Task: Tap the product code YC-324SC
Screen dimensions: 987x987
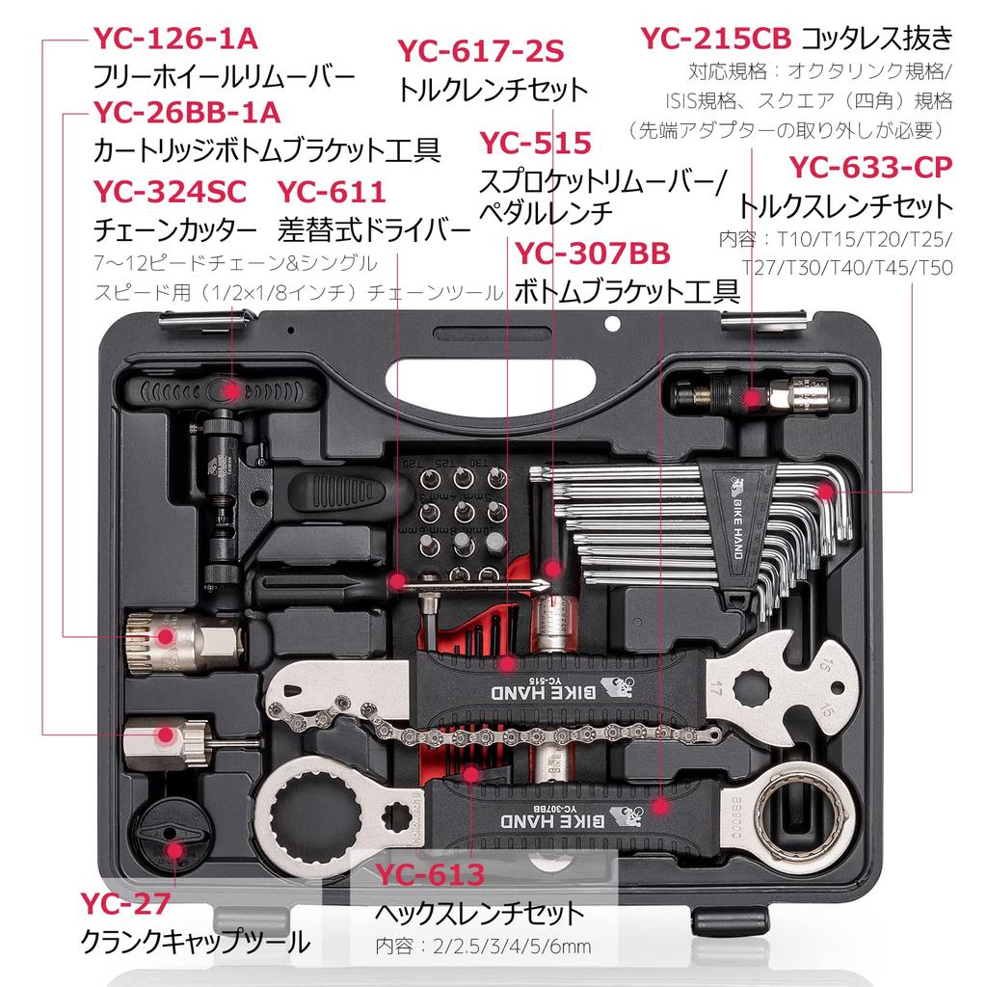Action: [x=170, y=191]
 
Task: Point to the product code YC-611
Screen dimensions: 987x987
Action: [x=332, y=191]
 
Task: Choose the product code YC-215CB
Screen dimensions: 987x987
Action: [x=716, y=39]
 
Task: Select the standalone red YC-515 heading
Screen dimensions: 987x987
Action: [x=535, y=144]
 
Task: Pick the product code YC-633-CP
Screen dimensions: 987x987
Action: [x=870, y=167]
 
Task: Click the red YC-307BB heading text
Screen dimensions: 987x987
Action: [x=593, y=253]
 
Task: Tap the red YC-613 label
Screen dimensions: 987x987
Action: [x=430, y=874]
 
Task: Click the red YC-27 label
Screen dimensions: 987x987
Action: [x=125, y=903]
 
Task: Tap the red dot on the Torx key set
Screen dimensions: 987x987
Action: [x=826, y=493]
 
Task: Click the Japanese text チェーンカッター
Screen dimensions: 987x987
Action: [x=175, y=231]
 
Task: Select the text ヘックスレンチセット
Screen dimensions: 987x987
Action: [x=479, y=912]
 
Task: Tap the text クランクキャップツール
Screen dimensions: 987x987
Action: [x=196, y=941]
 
